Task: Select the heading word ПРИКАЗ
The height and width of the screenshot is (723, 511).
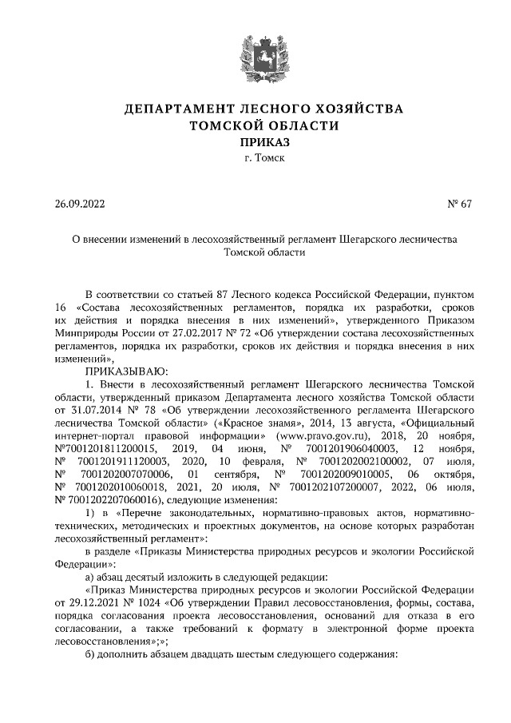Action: click(x=255, y=141)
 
